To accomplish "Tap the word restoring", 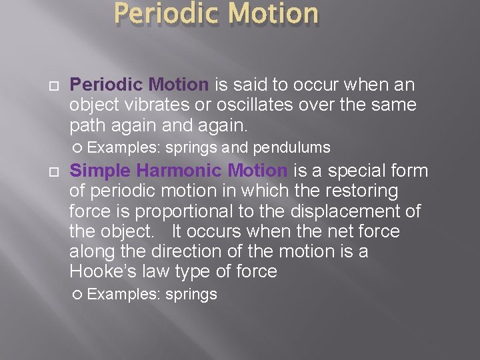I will click(x=367, y=191).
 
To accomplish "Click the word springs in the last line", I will click(x=191, y=295).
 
